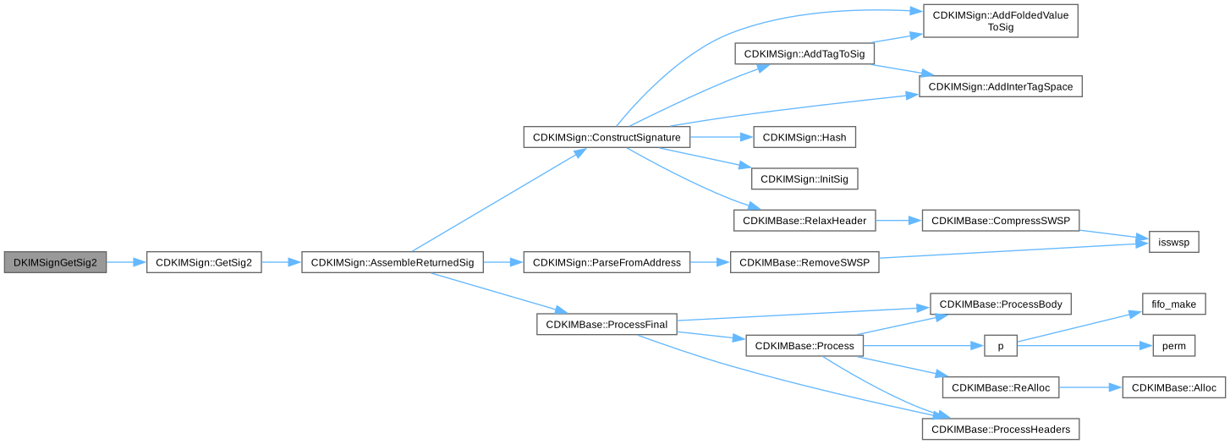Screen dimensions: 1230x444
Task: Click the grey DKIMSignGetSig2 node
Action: click(55, 262)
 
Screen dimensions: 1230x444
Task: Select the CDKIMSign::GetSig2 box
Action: click(204, 262)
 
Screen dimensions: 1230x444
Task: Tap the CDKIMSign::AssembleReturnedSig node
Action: click(392, 262)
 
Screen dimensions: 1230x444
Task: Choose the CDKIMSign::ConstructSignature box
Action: click(607, 137)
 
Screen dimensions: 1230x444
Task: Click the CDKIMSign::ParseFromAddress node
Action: click(607, 262)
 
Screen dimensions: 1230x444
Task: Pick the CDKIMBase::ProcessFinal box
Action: click(607, 325)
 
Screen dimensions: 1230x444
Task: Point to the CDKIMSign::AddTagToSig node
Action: click(804, 54)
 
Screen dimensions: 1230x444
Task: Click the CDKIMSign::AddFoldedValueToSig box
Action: click(1000, 21)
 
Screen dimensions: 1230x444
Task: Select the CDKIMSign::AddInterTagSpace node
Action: click(1000, 87)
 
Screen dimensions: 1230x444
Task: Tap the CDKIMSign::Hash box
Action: click(804, 137)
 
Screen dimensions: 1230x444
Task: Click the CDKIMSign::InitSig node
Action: click(804, 179)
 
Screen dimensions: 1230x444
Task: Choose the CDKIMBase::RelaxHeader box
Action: click(804, 221)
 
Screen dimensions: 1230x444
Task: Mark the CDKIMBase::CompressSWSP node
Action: click(1000, 221)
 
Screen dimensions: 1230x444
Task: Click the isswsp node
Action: click(1173, 242)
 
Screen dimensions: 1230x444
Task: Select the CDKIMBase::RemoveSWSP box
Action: click(804, 262)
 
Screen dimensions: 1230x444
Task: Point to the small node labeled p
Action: click(1000, 346)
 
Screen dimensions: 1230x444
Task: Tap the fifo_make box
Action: click(1173, 304)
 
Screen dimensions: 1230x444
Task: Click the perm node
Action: click(1173, 346)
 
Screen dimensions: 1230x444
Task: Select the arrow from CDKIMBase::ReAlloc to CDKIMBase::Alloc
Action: click(1090, 387)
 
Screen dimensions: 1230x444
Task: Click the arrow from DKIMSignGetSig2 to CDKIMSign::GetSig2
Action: click(126, 262)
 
